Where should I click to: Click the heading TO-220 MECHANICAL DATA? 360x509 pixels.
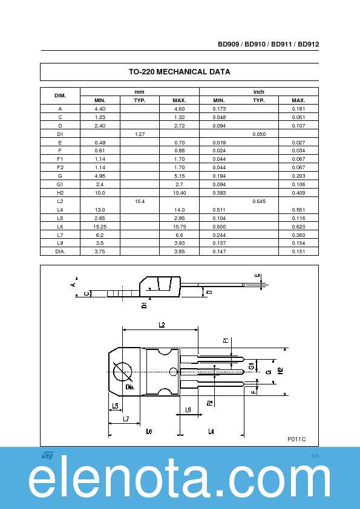(179, 72)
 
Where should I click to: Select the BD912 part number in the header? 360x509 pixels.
(309, 44)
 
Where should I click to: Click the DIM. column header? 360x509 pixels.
(60, 96)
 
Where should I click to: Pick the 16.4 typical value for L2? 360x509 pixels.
(139, 201)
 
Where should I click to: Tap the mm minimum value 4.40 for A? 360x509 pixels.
(100, 108)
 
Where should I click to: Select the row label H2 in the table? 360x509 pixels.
(60, 192)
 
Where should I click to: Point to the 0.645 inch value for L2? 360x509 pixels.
(258, 201)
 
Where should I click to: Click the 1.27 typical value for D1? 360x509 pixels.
(139, 134)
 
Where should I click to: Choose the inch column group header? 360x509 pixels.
(258, 92)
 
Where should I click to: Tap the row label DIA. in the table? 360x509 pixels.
(60, 251)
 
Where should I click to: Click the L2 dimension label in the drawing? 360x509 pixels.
(162, 325)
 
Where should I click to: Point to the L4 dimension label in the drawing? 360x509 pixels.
(211, 431)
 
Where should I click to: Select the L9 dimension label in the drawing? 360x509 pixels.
(188, 410)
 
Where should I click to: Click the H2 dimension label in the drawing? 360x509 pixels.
(280, 371)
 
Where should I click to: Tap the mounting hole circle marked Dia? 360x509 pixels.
(122, 371)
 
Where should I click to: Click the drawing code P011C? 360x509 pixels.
(296, 439)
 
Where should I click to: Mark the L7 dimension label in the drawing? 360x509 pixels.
(126, 418)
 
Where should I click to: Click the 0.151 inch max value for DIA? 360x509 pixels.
(298, 251)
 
